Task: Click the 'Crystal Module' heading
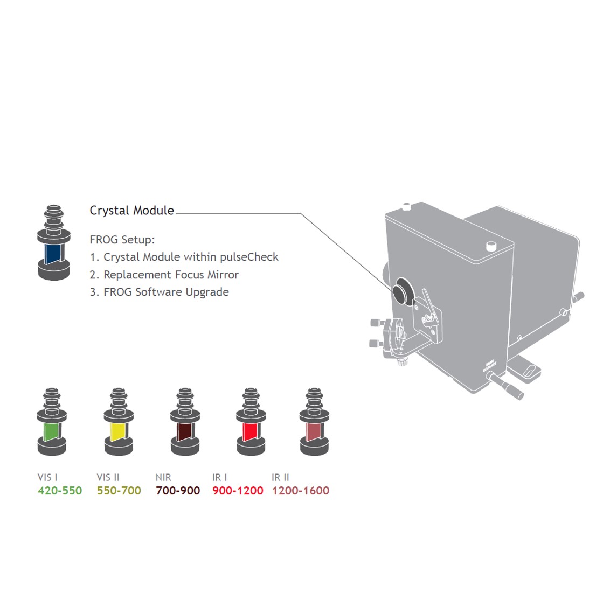132,211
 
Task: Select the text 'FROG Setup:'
122,240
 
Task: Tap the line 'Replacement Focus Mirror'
164,275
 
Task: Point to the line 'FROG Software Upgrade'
159,292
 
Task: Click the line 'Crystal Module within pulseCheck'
184,257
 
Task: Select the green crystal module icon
52,422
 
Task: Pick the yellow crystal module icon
119,422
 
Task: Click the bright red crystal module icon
251,422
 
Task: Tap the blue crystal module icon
54,242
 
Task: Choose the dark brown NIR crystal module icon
185,422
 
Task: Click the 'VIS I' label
47,477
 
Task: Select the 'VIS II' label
108,477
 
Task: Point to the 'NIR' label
163,477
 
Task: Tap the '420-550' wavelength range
60,491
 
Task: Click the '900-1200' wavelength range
238,491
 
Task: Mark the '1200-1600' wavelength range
301,491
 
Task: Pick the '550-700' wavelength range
119,491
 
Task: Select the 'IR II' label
281,477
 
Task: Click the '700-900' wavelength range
178,491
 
